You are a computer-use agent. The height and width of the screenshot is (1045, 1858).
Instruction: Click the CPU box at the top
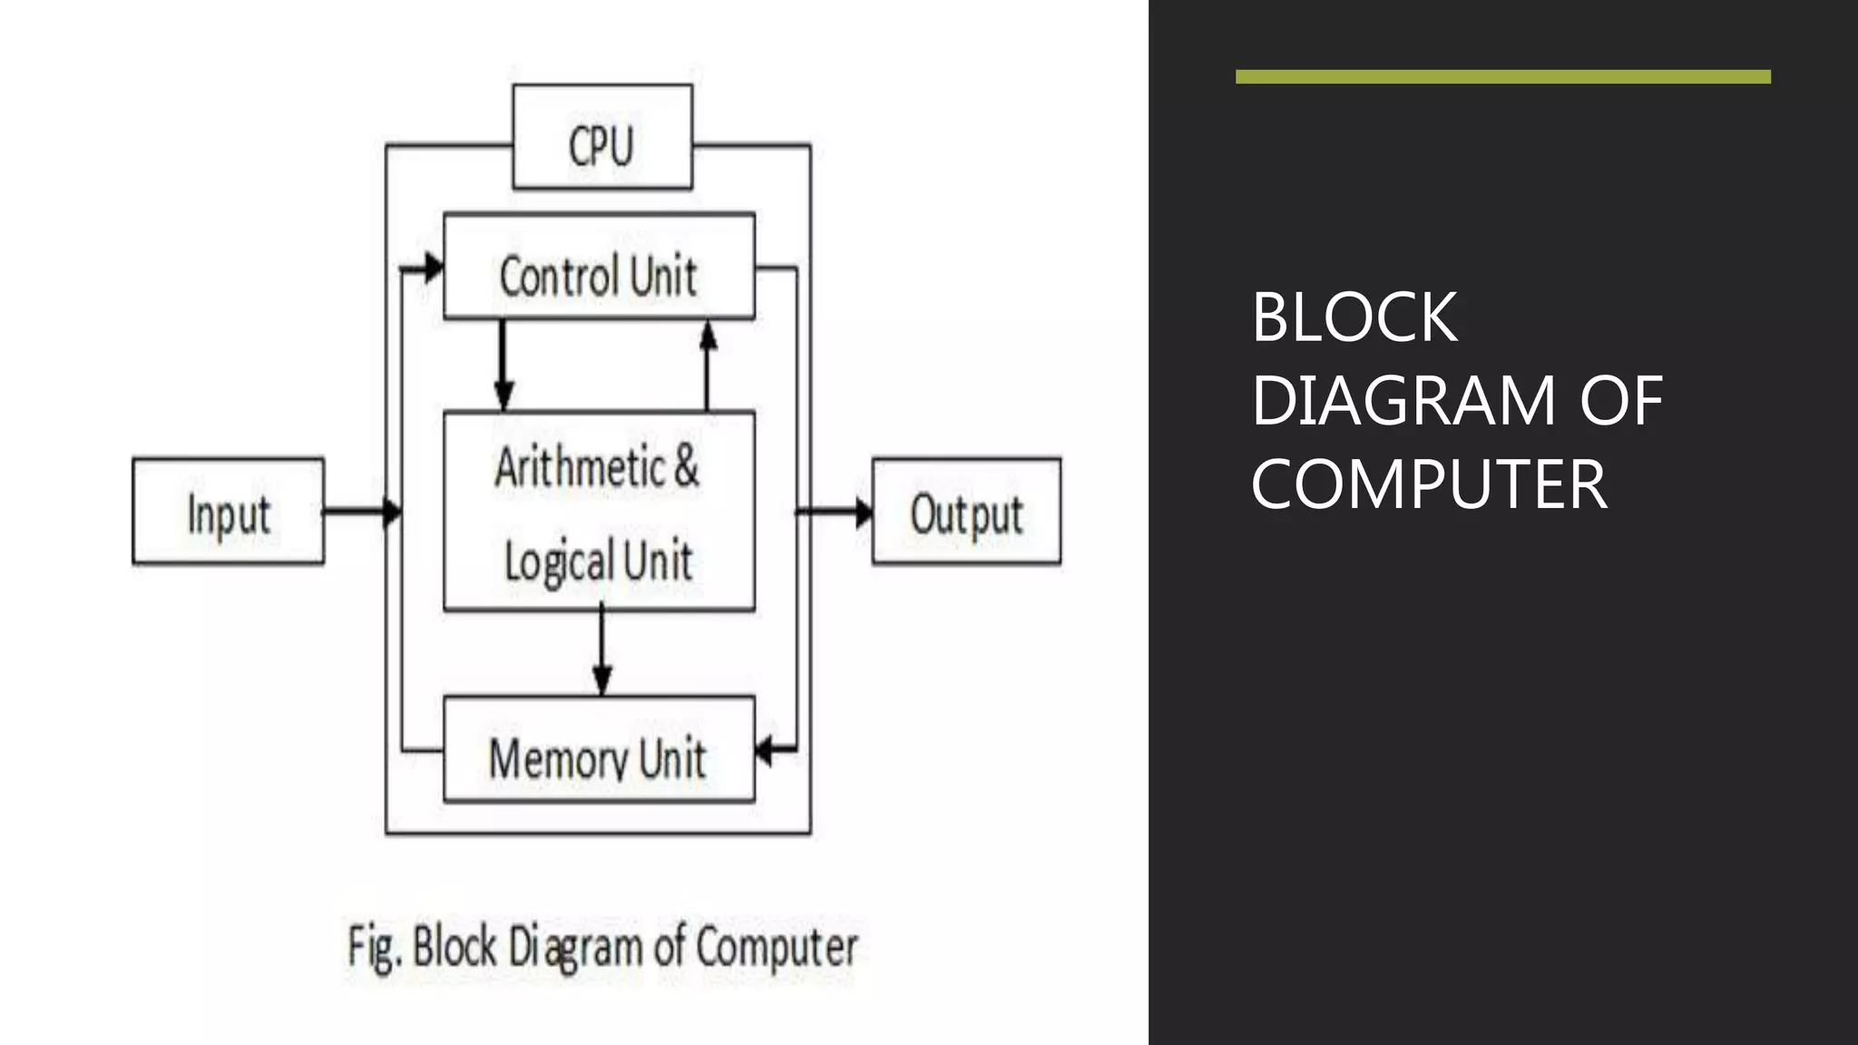(602, 138)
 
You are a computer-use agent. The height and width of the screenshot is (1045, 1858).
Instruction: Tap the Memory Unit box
(599, 750)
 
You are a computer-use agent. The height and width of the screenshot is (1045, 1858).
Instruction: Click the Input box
(229, 513)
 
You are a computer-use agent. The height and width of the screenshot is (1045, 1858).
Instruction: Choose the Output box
(966, 513)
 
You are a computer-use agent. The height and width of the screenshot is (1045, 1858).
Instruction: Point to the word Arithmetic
(580, 468)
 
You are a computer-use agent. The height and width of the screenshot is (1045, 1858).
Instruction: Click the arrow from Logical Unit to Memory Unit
(601, 653)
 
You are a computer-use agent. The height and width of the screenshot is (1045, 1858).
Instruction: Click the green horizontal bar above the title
(1502, 77)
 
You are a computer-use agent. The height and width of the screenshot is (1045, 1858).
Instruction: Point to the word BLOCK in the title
(1354, 317)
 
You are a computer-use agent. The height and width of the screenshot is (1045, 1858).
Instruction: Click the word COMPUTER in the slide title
(1429, 484)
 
